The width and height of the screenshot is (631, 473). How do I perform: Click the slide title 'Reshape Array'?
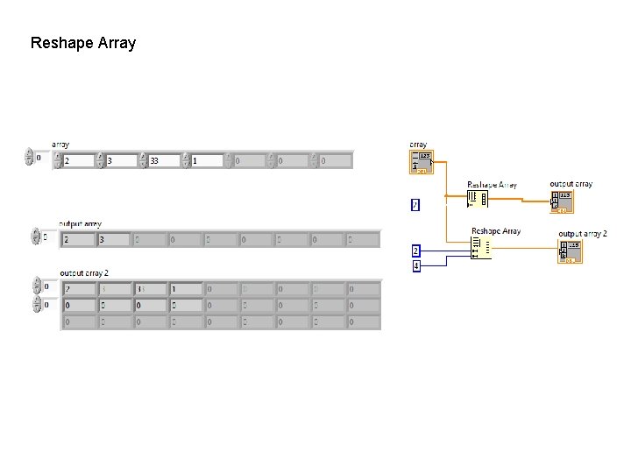pos(83,42)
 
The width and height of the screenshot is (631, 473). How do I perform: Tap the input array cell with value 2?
pos(79,161)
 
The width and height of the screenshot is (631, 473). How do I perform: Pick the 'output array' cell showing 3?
pos(113,239)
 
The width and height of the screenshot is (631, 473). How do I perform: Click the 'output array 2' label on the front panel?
pos(84,273)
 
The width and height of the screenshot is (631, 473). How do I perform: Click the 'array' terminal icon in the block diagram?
pos(421,162)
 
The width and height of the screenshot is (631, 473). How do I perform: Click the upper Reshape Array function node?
pos(478,200)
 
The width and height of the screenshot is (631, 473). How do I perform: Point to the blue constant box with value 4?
pos(416,265)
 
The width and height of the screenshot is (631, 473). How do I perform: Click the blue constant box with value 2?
pos(416,251)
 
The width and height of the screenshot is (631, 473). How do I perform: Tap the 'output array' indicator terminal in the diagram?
pos(562,201)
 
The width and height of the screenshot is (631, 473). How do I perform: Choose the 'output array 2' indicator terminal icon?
pos(571,251)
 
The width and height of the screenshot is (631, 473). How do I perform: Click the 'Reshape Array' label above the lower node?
pos(496,231)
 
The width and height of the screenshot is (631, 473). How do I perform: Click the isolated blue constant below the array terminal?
pos(415,205)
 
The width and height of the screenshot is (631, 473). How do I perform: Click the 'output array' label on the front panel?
pos(80,224)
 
